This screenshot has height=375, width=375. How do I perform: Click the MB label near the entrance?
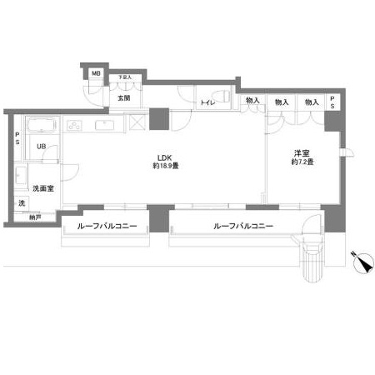pyautogui.click(x=96, y=74)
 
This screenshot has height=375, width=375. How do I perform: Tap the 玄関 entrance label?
pyautogui.click(x=124, y=98)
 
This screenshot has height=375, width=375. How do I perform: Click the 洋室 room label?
pyautogui.click(x=301, y=152)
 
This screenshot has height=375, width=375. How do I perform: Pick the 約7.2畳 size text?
pyautogui.click(x=302, y=162)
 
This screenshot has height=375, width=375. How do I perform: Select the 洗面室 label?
pyautogui.click(x=43, y=188)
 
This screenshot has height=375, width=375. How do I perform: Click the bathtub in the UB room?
pyautogui.click(x=41, y=127)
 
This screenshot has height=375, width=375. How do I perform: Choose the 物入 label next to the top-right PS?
pyautogui.click(x=310, y=102)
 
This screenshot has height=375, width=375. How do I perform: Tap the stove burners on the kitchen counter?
pyautogui.click(x=73, y=127)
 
